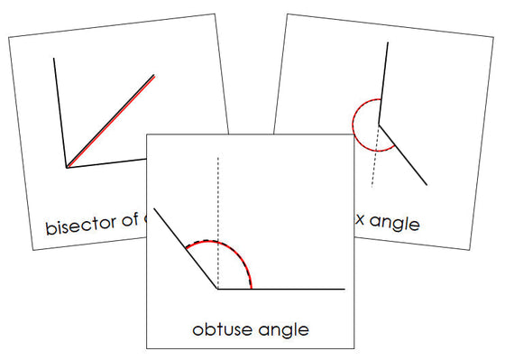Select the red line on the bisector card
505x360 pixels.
(x=113, y=119)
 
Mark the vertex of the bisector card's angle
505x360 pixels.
(x=66, y=167)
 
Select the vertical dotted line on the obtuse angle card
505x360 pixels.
(x=217, y=198)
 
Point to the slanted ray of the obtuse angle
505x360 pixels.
(x=185, y=248)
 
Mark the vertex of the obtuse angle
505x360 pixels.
(x=217, y=290)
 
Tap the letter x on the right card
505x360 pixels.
(x=360, y=220)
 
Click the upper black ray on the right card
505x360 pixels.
(x=383, y=81)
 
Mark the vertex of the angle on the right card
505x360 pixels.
(x=379, y=122)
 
